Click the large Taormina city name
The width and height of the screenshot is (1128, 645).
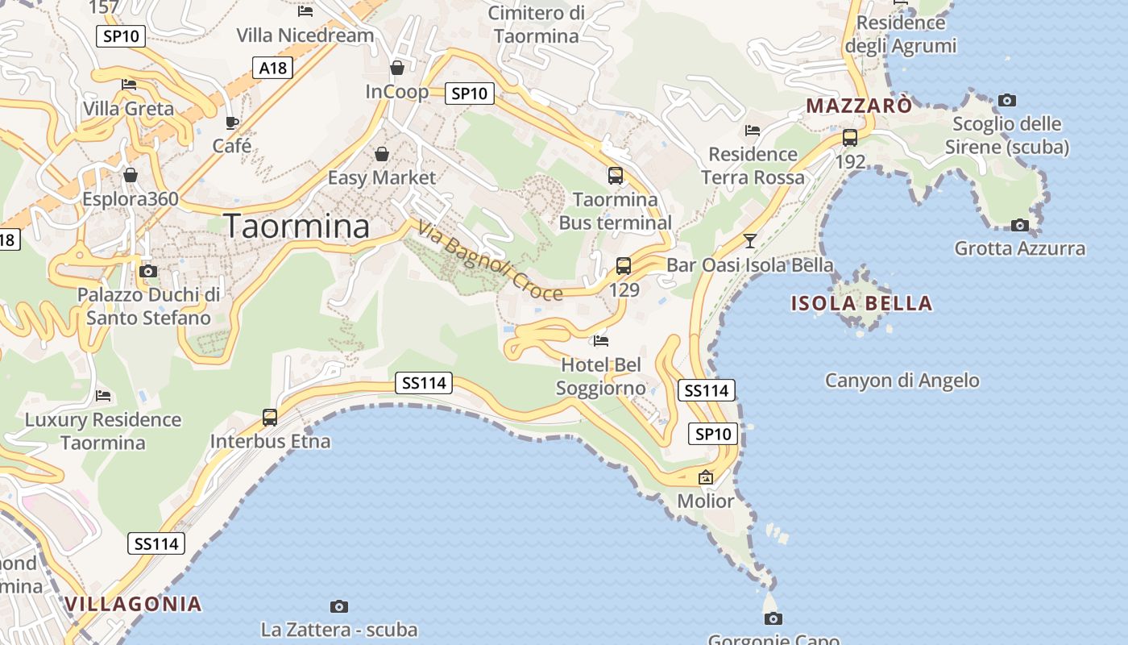(297, 226)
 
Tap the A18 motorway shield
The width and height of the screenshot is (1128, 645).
(273, 68)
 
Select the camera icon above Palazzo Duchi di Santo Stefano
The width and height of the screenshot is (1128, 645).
(148, 271)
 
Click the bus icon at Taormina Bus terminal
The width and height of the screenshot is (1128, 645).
(616, 175)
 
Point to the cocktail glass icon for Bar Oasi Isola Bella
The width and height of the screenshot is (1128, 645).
(750, 240)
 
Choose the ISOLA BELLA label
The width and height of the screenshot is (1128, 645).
(861, 304)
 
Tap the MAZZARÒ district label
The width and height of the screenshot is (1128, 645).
(859, 106)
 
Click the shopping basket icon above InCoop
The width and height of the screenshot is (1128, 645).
(397, 68)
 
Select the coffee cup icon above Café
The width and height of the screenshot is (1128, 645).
(232, 123)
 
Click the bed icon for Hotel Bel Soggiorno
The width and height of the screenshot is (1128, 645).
(601, 341)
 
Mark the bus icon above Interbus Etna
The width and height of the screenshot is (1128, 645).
(270, 418)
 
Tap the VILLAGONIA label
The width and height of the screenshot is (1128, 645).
(133, 604)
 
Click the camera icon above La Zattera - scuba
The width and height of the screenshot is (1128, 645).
(339, 606)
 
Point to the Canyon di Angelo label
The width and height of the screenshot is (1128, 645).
(902, 381)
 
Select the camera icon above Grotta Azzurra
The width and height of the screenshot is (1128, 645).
(1020, 225)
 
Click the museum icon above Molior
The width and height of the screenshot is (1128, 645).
(706, 477)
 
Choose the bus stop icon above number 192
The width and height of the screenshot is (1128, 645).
(850, 137)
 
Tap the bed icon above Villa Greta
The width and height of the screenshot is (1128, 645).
(129, 85)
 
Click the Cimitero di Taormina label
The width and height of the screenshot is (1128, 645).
(537, 24)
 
